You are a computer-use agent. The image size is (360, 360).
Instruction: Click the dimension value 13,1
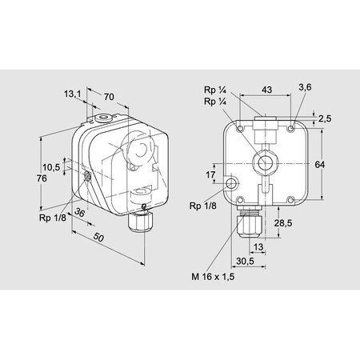73,94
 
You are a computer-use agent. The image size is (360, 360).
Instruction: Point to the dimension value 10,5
51,167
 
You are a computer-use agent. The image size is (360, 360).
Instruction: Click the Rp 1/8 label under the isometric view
52,217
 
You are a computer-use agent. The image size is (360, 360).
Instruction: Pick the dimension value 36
80,213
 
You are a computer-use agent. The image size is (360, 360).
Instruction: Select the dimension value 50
98,238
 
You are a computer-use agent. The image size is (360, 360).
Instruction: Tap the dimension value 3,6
305,86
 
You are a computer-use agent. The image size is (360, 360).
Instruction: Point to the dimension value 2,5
323,118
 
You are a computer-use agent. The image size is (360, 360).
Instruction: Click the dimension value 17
211,174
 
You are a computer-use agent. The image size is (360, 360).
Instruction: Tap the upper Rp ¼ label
214,90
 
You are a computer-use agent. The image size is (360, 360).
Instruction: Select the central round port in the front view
262,163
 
